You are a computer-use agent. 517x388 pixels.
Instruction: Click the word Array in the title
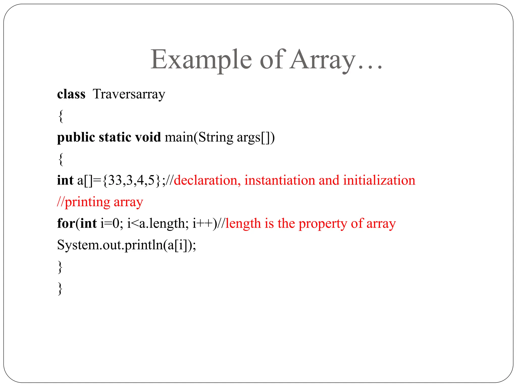[x=323, y=60]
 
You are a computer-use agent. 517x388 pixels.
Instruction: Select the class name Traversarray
[x=129, y=94]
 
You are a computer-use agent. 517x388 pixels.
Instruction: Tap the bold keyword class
[x=71, y=94]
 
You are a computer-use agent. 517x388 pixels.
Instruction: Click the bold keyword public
[x=76, y=138]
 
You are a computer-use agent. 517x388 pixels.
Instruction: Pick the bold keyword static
[x=115, y=137]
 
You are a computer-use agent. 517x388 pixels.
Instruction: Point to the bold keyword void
[x=148, y=137]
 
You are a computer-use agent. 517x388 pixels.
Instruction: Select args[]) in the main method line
[x=255, y=138]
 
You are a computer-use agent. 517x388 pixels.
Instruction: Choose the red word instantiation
[x=279, y=180]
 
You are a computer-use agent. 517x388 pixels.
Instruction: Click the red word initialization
[x=379, y=180]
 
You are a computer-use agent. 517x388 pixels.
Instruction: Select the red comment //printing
[x=84, y=202]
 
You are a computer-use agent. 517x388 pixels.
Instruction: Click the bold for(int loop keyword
[x=77, y=224]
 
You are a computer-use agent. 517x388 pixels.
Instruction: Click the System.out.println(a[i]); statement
[x=126, y=245]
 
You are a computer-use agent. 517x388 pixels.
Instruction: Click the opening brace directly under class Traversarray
[x=61, y=116]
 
